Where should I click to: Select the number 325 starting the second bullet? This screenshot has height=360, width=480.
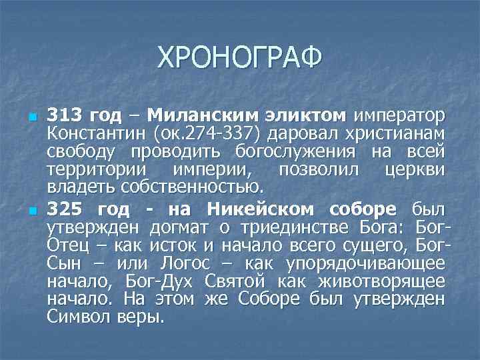coord(65,208)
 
